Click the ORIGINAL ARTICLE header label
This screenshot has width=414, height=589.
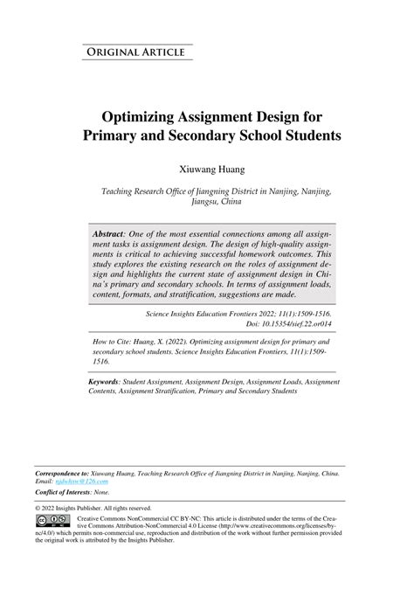pos(134,52)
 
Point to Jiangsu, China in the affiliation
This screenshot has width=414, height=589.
pos(216,201)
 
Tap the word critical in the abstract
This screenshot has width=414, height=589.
pos(140,260)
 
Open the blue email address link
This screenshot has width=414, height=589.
pos(79,481)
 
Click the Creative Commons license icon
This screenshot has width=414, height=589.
pos(52,521)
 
